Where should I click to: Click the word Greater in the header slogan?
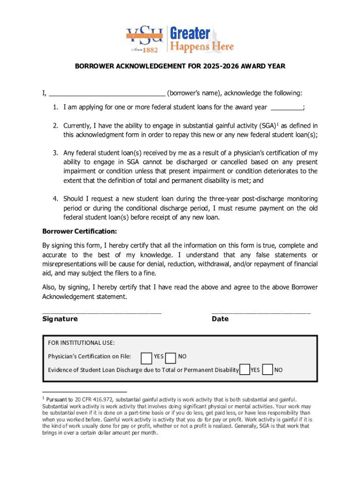[190, 34]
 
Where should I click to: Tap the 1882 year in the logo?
[151, 49]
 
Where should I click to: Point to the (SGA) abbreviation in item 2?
[266, 126]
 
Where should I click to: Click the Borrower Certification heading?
[79, 232]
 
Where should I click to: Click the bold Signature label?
[60, 319]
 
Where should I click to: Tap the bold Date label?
[220, 319]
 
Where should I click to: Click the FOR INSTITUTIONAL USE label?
[81, 343]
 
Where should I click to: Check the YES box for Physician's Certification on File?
[146, 357]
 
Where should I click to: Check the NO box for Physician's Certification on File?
[171, 357]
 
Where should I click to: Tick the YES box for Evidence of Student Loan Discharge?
[245, 370]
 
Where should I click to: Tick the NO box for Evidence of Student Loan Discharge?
[268, 370]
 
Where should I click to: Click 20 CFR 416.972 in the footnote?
[92, 399]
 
